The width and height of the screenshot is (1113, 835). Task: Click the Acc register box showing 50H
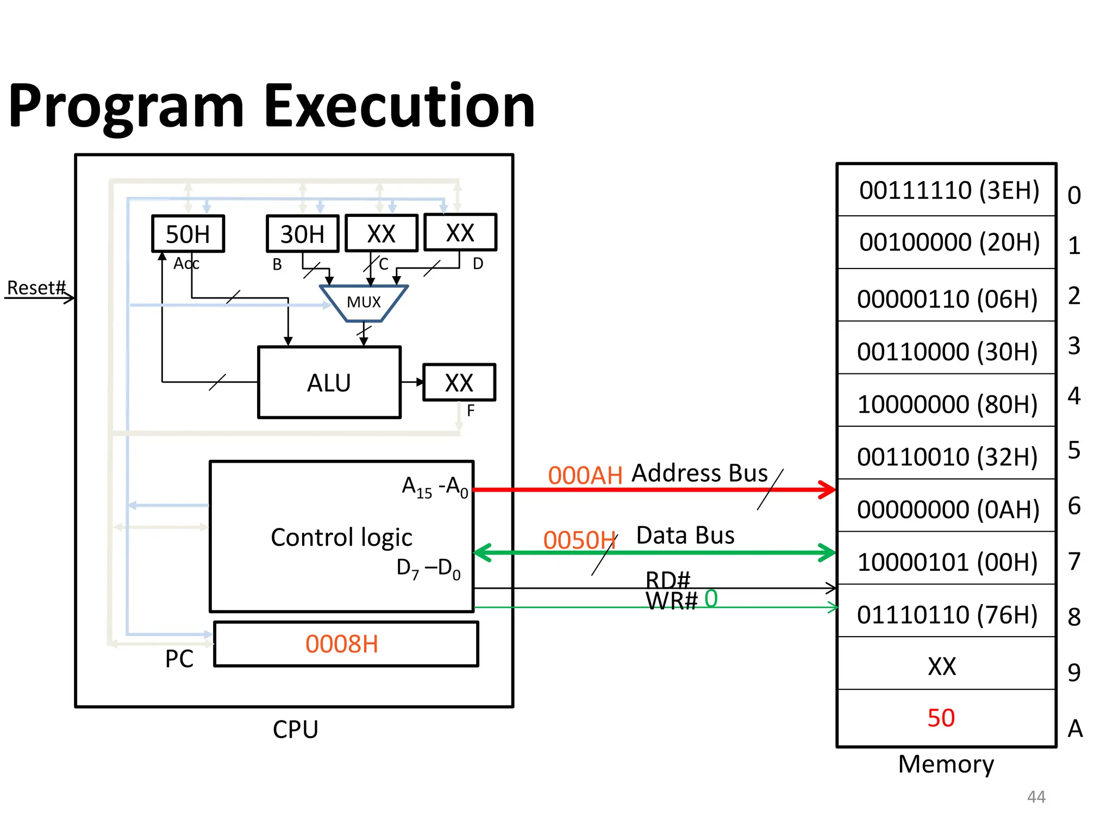(x=187, y=234)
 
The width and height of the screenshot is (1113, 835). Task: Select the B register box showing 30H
(x=302, y=234)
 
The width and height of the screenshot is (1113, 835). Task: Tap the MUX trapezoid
(x=364, y=302)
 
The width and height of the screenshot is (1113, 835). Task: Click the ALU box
(x=329, y=383)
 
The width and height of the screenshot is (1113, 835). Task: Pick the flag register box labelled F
(x=459, y=383)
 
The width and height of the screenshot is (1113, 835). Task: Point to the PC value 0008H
(x=342, y=644)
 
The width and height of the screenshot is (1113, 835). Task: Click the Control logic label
(x=341, y=537)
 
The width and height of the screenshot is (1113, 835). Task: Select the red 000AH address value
(x=585, y=476)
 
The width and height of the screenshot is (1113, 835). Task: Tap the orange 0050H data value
(x=579, y=540)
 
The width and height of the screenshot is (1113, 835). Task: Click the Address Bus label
(x=700, y=473)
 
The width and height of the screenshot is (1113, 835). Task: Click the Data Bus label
(x=685, y=535)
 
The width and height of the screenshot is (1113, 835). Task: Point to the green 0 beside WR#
(x=711, y=599)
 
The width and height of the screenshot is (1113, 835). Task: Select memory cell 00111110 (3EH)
(x=949, y=190)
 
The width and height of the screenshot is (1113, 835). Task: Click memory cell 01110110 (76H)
(x=947, y=615)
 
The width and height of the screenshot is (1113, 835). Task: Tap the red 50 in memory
(x=941, y=718)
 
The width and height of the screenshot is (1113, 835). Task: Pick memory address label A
(x=1075, y=728)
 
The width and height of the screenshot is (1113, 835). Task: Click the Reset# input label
(x=36, y=288)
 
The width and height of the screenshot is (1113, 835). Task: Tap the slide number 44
(x=1036, y=797)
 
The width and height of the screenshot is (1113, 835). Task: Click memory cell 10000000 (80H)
(x=947, y=404)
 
